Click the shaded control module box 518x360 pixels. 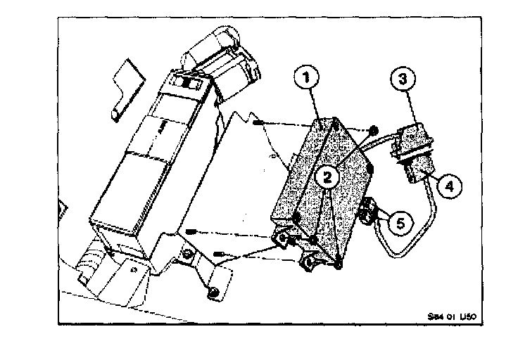point(324,186)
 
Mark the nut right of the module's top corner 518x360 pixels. point(373,131)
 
